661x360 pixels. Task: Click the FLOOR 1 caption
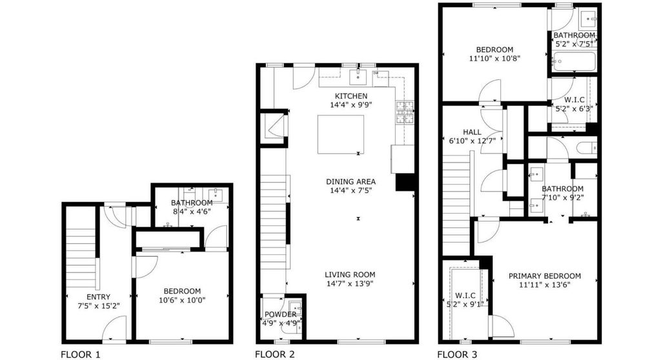[81, 355]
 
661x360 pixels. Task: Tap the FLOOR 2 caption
[275, 355]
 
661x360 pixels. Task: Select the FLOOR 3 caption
[457, 355]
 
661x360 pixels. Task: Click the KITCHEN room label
[351, 96]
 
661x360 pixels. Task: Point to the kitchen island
[341, 134]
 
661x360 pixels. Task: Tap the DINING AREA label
[351, 182]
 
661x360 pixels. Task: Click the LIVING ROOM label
[350, 274]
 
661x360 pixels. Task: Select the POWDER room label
[280, 314]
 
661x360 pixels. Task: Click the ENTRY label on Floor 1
[98, 297]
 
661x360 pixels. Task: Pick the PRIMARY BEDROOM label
[545, 276]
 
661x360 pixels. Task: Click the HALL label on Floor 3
[472, 132]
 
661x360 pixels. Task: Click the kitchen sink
[358, 77]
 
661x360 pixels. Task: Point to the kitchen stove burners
[405, 112]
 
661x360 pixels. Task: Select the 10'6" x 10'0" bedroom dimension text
[182, 300]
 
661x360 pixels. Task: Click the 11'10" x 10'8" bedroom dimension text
[494, 59]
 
